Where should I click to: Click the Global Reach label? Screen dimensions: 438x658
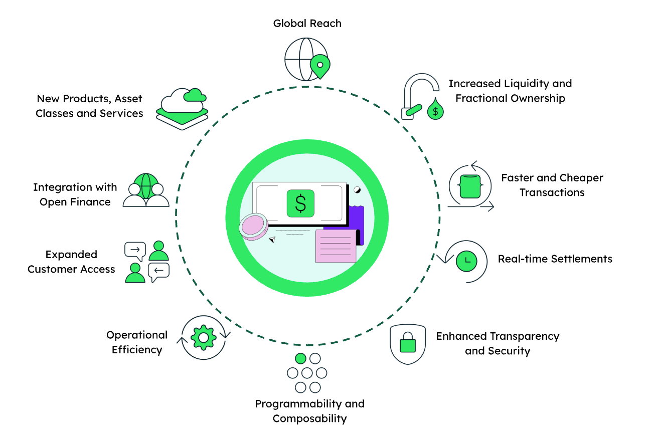click(307, 23)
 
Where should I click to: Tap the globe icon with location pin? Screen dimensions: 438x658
click(306, 59)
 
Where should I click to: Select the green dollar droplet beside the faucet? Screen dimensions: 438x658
click(435, 110)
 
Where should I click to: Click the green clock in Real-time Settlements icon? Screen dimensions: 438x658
click(466, 261)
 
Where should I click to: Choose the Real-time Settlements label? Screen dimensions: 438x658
click(555, 259)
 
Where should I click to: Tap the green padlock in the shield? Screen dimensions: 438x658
click(407, 344)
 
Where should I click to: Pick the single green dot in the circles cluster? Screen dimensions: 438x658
click(300, 358)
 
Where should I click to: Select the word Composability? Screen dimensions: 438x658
click(309, 418)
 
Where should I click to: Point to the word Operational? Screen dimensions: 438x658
click(137, 335)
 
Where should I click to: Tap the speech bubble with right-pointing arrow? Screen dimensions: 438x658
click(135, 250)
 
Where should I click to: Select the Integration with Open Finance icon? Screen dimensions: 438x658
click(145, 190)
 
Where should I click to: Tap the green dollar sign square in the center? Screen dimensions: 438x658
click(300, 203)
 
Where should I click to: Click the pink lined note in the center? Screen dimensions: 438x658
click(336, 246)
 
